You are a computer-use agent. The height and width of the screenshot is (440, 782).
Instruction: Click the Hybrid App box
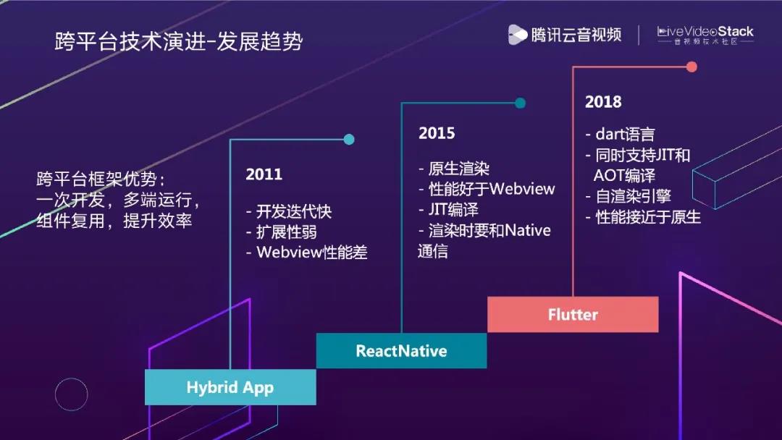[x=230, y=387]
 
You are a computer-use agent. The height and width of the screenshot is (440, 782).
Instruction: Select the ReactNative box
[x=401, y=351]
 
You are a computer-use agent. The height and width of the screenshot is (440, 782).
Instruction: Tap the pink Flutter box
[x=573, y=314]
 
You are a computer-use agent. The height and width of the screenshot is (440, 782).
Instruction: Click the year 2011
[x=264, y=174]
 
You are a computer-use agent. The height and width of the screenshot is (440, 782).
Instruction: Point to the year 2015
[x=437, y=133]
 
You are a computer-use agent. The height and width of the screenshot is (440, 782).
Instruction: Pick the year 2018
[x=603, y=101]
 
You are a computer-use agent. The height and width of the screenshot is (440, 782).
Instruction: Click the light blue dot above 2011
[x=349, y=140]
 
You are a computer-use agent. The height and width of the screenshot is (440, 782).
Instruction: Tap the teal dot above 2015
[x=520, y=103]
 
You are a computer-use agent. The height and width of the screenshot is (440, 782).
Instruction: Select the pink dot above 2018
[x=691, y=67]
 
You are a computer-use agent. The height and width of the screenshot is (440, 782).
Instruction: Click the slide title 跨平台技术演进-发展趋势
[x=179, y=41]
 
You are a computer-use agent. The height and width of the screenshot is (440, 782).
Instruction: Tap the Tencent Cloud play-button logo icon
[x=517, y=35]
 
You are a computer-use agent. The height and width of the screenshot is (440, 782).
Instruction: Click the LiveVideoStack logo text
[x=705, y=32]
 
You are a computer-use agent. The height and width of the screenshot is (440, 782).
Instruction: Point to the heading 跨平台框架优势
[x=100, y=179]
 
